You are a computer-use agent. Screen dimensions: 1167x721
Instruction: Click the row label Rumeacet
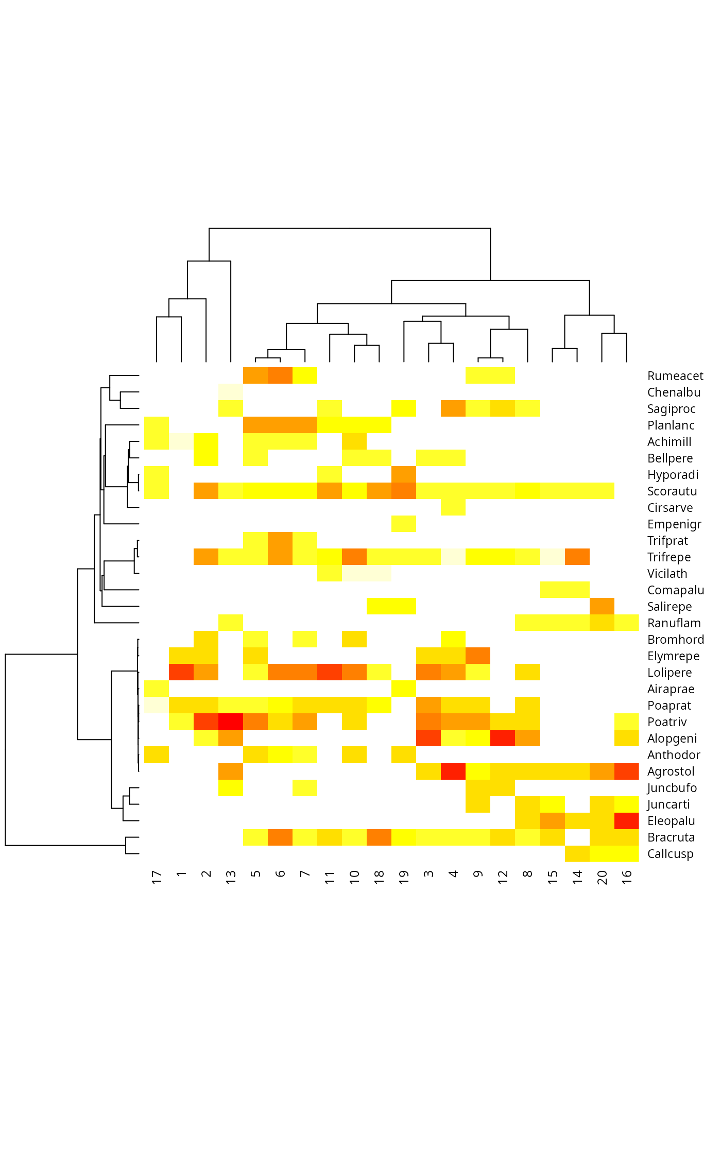point(675,376)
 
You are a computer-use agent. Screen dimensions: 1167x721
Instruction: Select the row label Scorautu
point(672,491)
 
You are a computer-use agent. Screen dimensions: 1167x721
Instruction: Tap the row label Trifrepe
point(668,557)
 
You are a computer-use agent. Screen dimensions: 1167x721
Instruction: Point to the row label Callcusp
point(670,854)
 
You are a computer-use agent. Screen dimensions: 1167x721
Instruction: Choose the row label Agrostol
point(671,771)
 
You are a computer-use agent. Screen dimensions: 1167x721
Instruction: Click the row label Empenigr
point(674,524)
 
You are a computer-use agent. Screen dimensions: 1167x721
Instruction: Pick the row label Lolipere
point(669,673)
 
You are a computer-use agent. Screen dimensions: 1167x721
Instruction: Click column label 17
point(157,877)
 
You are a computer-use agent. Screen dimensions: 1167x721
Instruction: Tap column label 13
point(231,877)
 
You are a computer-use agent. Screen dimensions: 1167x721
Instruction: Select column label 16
point(626,877)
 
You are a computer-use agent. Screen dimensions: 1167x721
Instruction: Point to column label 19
point(404,877)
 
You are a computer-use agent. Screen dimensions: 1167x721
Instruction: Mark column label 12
point(503,877)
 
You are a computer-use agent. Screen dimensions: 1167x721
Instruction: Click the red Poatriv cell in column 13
point(231,722)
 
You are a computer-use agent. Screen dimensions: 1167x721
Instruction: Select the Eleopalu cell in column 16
point(626,820)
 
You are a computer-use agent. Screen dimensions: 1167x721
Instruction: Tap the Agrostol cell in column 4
point(453,771)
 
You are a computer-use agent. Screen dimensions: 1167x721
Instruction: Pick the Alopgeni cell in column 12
point(503,738)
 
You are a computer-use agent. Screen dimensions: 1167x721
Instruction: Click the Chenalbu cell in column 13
point(231,392)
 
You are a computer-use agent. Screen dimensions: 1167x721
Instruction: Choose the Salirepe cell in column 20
point(602,606)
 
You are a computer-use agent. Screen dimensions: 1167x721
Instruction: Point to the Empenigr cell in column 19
point(404,524)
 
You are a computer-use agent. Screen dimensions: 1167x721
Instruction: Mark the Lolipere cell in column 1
point(181,672)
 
